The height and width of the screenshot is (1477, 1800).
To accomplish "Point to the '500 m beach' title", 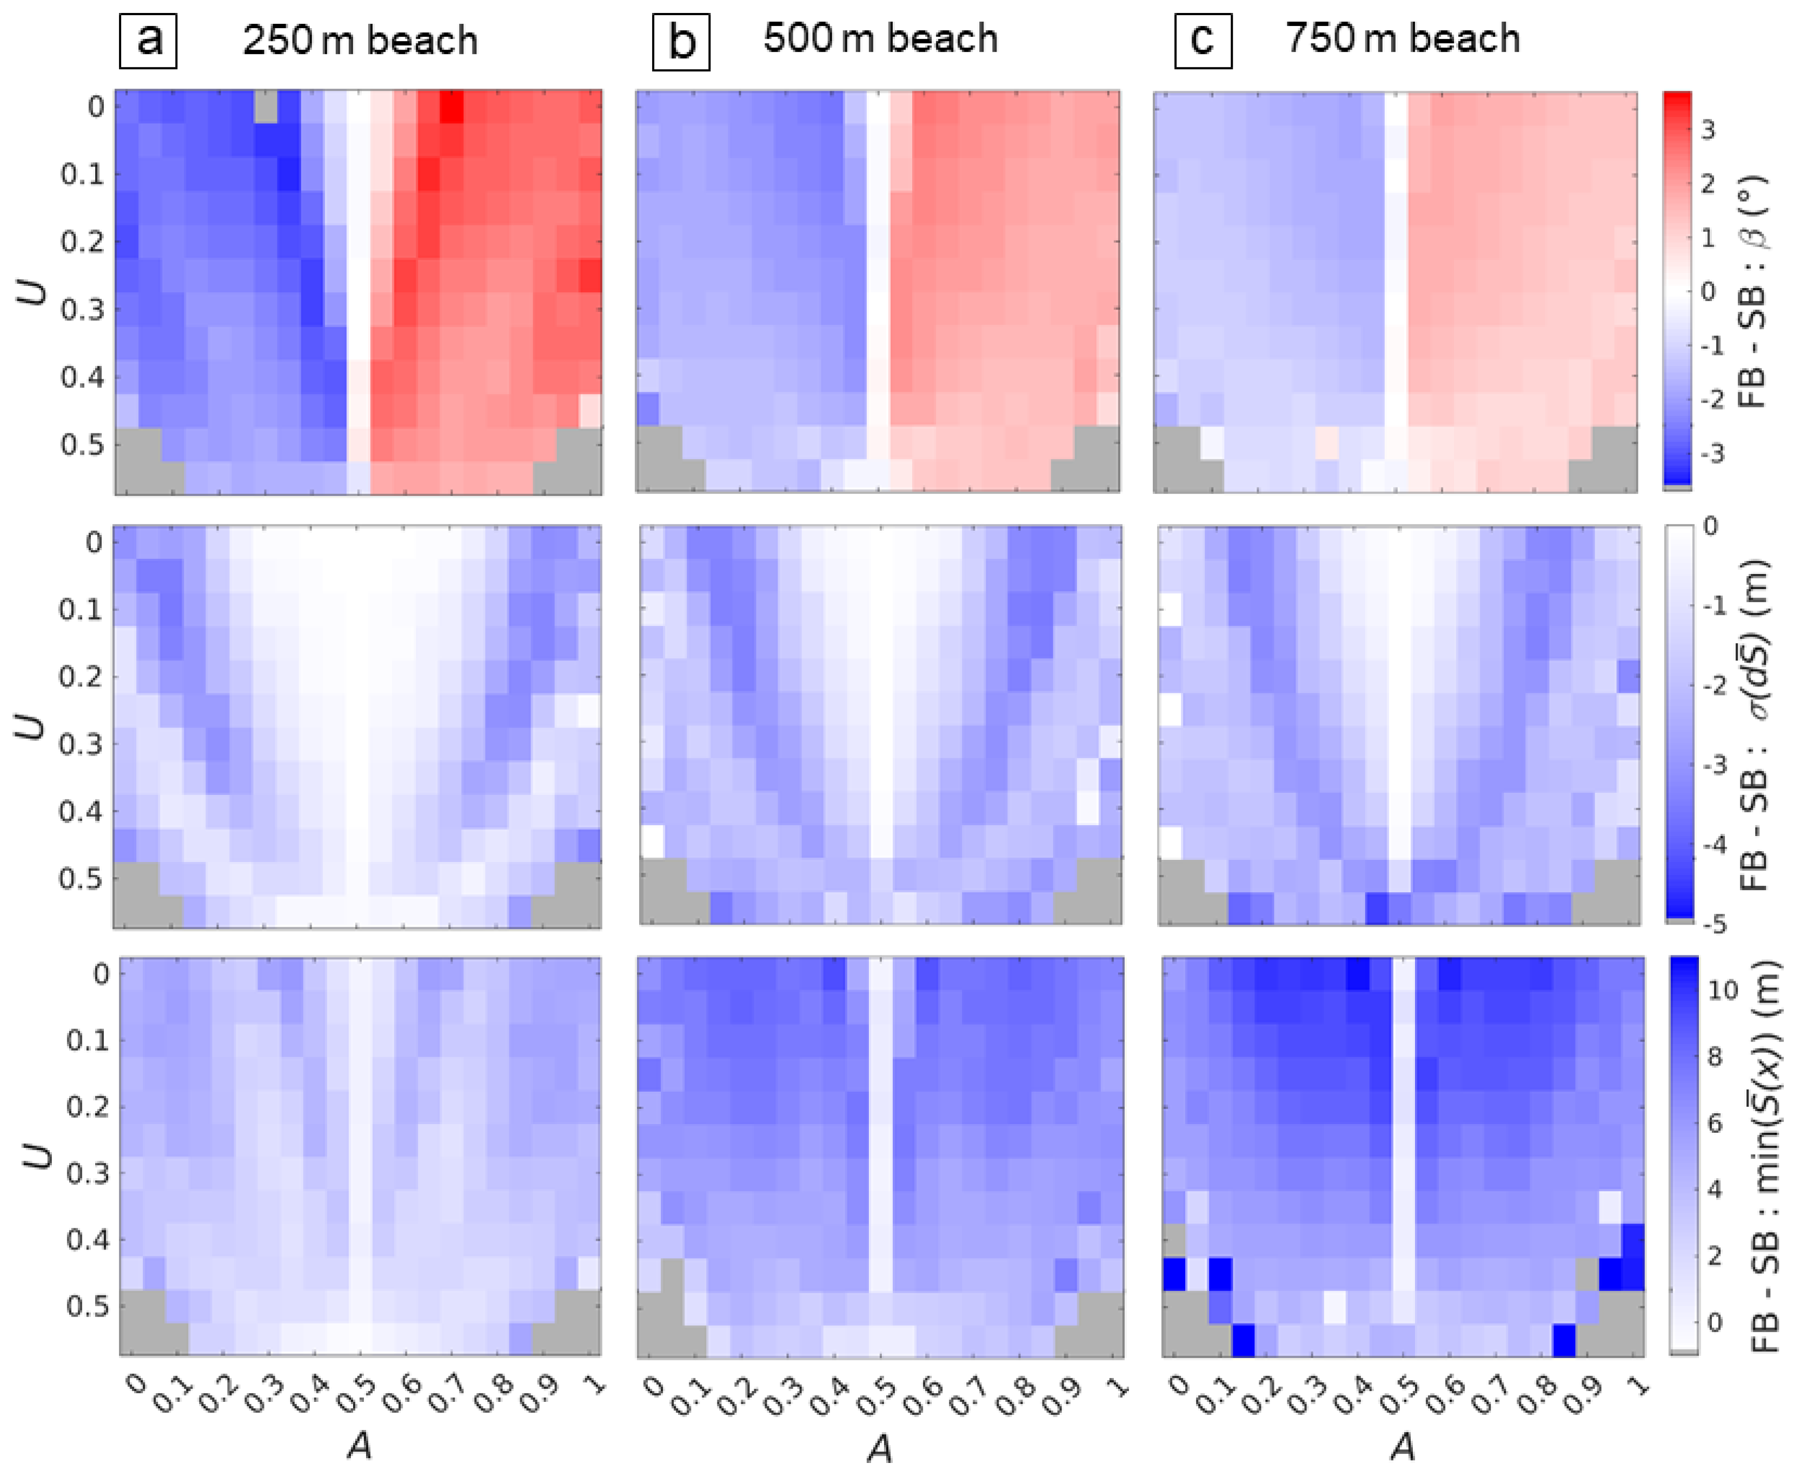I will [880, 39].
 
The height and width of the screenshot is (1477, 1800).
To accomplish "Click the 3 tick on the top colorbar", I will [1706, 130].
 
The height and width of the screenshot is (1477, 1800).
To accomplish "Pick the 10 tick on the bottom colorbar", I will [1721, 990].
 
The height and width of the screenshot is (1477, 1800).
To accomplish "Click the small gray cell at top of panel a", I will [265, 107].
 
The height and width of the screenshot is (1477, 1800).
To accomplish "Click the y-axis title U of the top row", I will [34, 293].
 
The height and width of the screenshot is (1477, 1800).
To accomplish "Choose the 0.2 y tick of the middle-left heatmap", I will [80, 677].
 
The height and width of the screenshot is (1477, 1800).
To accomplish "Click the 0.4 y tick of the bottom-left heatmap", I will [88, 1240].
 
